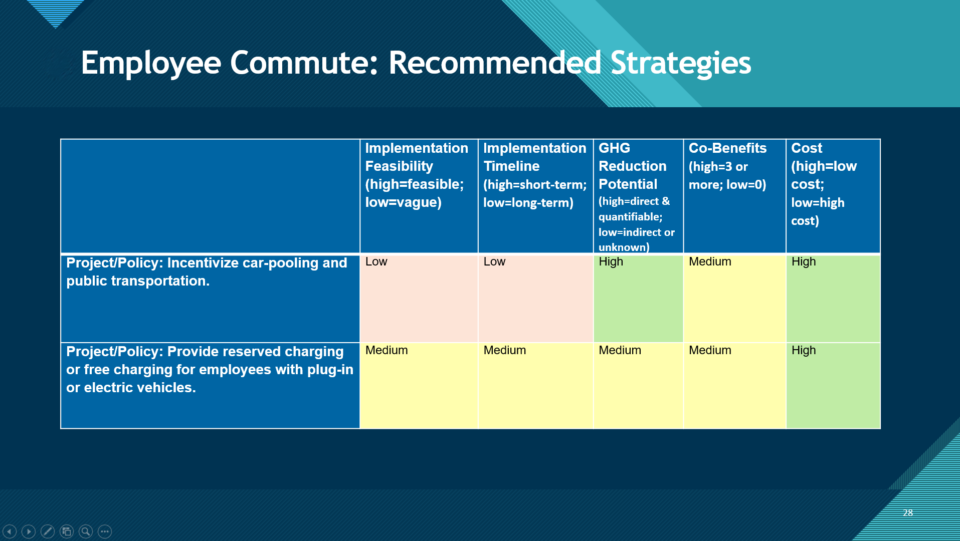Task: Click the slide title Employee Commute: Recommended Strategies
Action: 416,64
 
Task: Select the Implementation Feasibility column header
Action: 419,196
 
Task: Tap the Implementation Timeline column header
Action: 536,196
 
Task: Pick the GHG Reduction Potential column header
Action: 638,196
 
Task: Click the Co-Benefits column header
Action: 734,196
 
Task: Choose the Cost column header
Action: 833,196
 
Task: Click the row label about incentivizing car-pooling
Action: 210,299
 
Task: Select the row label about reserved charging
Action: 210,386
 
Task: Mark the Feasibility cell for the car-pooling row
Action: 419,299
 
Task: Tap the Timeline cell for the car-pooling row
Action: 536,299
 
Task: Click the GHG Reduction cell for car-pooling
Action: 638,299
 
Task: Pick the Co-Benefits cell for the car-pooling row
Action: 734,299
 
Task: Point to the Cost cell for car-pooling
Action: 833,299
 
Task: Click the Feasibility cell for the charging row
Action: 419,386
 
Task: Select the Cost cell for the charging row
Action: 833,386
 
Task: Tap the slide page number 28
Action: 908,512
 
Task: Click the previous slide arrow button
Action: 10,531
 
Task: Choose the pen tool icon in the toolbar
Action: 48,531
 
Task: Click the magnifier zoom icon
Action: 86,531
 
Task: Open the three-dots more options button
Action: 105,531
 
